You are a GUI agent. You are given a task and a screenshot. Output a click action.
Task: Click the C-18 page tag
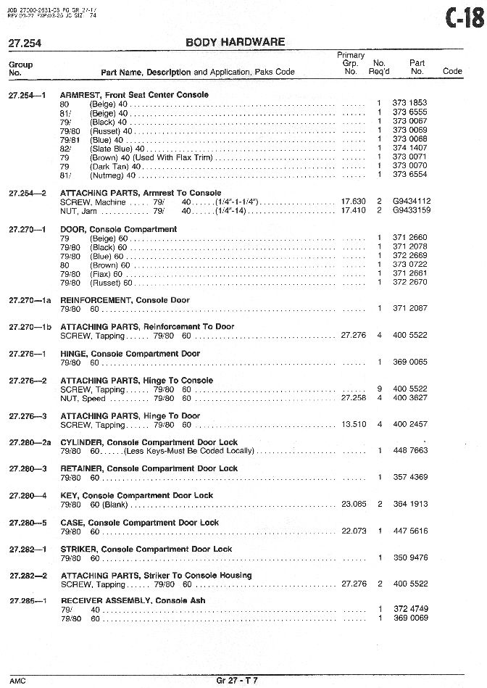464,16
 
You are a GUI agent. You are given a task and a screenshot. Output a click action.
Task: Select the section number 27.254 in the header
25,43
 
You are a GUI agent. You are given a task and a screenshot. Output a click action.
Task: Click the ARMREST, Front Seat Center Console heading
134,95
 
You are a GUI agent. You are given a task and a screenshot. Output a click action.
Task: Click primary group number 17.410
353,210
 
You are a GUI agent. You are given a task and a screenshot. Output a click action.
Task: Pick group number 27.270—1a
30,300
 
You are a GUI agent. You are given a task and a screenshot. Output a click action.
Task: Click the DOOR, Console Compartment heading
118,229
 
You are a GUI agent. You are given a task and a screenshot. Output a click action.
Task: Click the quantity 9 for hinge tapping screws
379,389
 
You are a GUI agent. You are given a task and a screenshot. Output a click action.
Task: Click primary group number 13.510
353,424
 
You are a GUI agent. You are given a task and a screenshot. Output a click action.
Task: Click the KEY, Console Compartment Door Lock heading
136,496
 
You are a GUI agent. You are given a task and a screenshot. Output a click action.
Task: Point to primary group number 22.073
353,531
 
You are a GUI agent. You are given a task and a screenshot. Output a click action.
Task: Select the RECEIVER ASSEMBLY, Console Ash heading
133,601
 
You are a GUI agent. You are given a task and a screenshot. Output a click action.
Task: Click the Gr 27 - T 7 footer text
236,679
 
